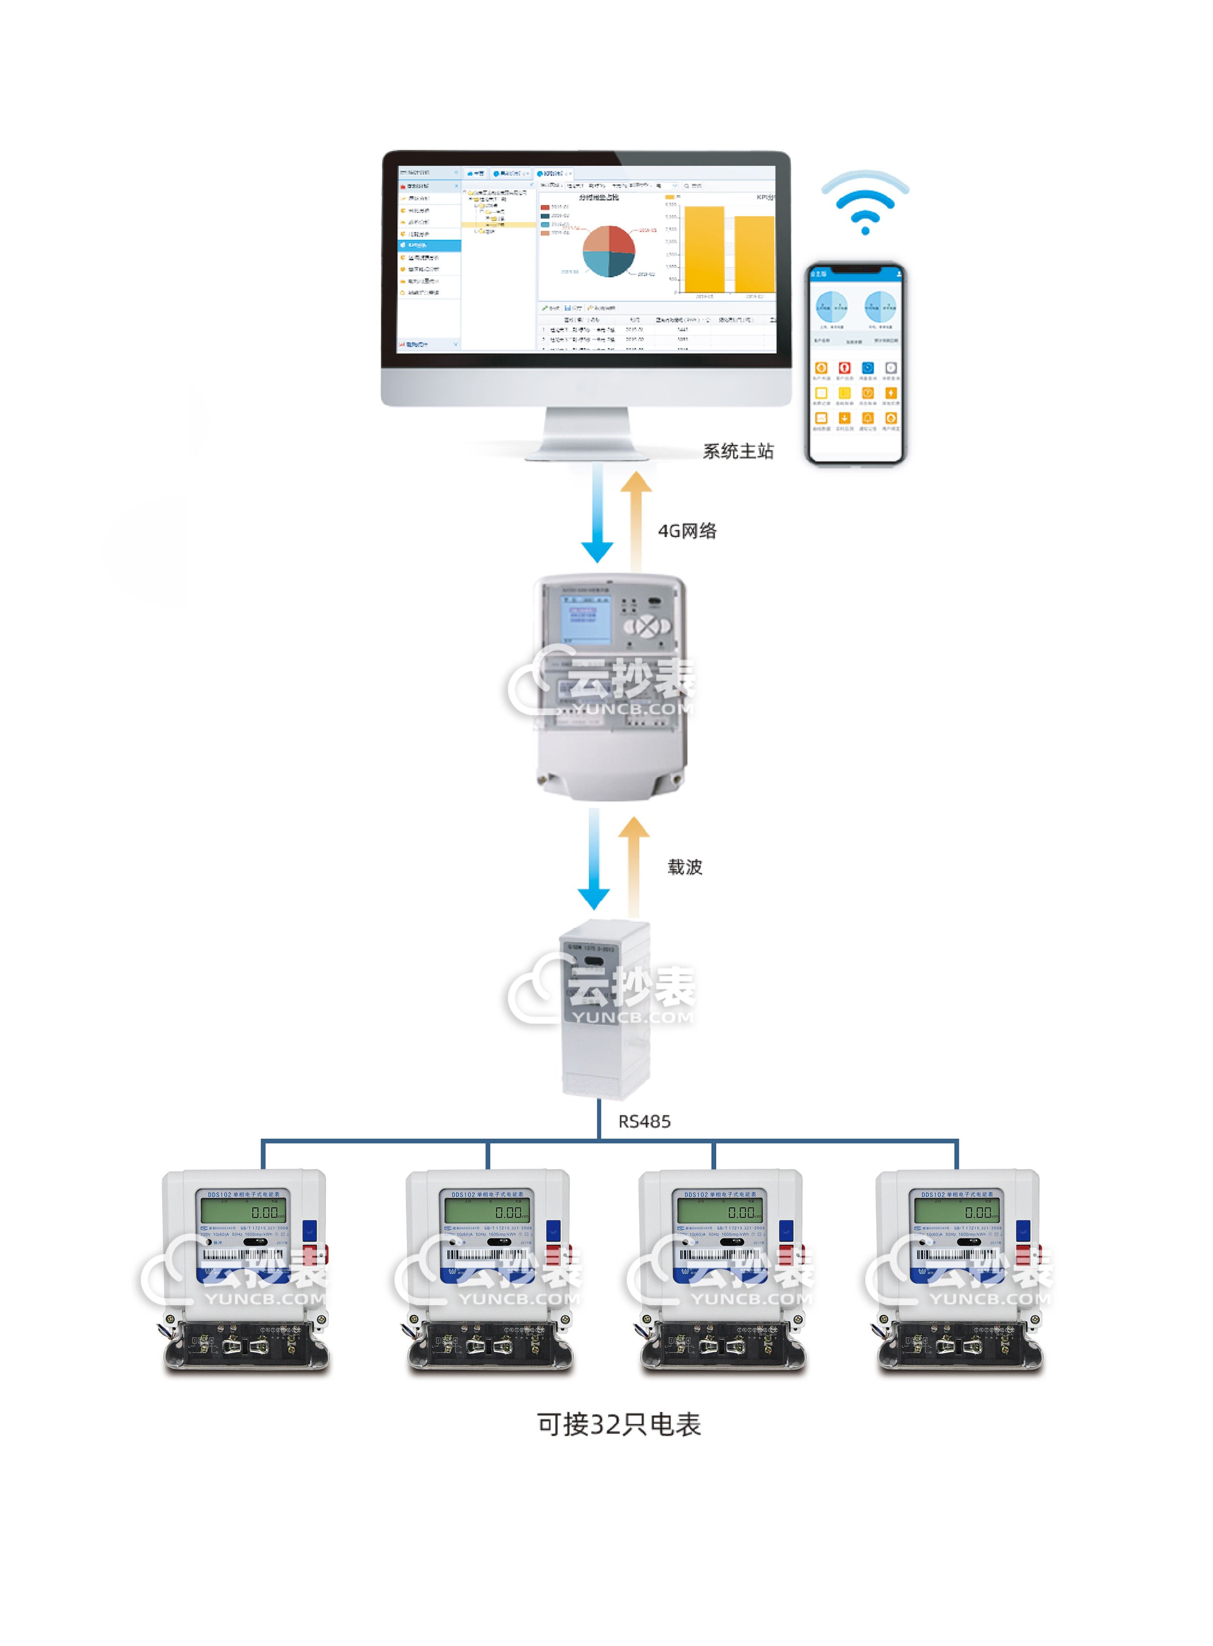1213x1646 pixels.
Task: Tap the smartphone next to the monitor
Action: [x=856, y=364]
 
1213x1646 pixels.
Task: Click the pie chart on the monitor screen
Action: [x=608, y=251]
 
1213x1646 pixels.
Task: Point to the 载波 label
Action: [x=684, y=867]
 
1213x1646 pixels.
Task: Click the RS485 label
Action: [x=644, y=1121]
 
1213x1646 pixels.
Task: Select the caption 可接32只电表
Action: [x=619, y=1424]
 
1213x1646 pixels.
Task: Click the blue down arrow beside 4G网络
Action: [x=597, y=514]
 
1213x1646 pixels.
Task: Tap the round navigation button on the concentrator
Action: [x=647, y=626]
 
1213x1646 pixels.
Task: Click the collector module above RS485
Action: [x=605, y=1010]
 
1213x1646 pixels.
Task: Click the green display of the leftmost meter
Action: [x=243, y=1210]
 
